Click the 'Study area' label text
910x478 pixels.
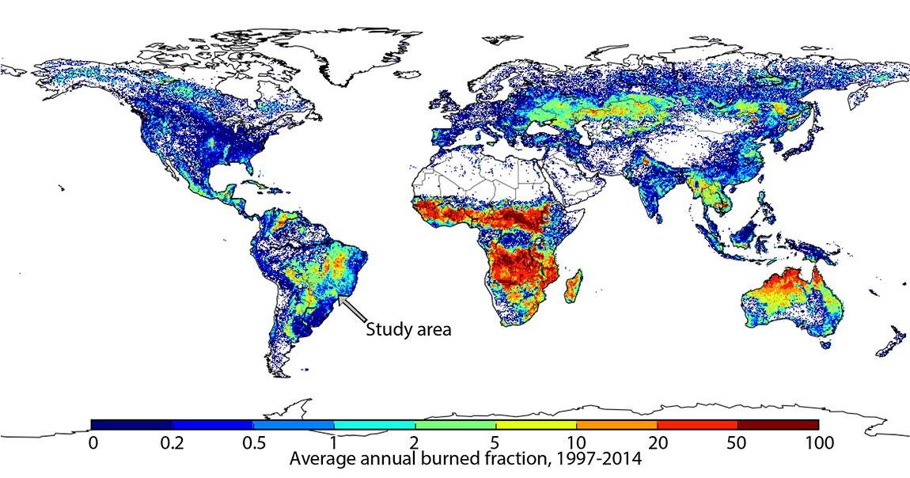(408, 329)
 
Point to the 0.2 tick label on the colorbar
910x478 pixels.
(173, 443)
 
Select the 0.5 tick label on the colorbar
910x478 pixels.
(253, 443)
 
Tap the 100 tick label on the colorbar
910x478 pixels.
(817, 443)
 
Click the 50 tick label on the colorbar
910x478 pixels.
(737, 443)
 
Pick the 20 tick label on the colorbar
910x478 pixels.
(656, 443)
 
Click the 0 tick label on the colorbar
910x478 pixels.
(93, 443)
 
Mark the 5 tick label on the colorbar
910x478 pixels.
(495, 443)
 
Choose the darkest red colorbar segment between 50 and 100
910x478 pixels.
(777, 424)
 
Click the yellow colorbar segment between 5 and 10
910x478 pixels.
(536, 424)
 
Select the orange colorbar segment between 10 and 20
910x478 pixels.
(616, 424)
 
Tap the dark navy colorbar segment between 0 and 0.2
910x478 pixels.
(132, 424)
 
